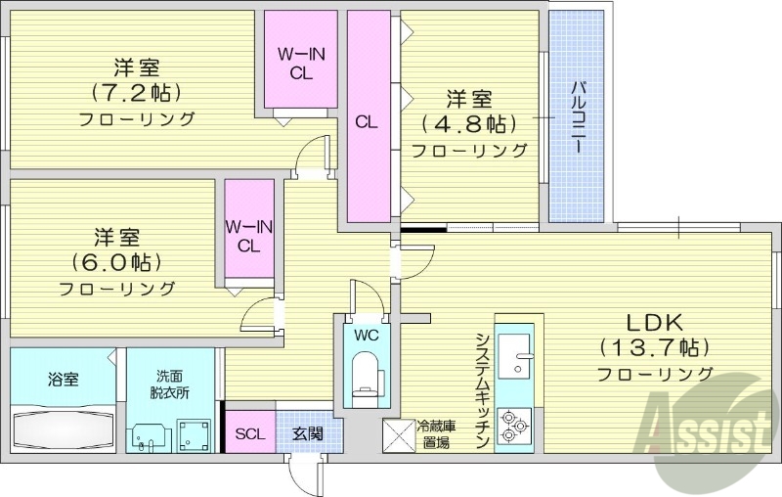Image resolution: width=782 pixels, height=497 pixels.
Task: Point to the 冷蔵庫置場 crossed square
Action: [398, 434]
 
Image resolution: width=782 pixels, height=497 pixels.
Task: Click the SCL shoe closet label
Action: [248, 433]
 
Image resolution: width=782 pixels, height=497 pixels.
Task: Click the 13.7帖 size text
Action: [653, 347]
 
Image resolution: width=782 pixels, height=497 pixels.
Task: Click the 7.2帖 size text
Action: [137, 94]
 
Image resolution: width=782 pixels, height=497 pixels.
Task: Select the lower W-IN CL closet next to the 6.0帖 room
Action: [248, 236]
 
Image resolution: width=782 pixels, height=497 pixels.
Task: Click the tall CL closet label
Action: [367, 122]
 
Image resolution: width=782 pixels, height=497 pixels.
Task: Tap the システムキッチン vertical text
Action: [482, 389]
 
